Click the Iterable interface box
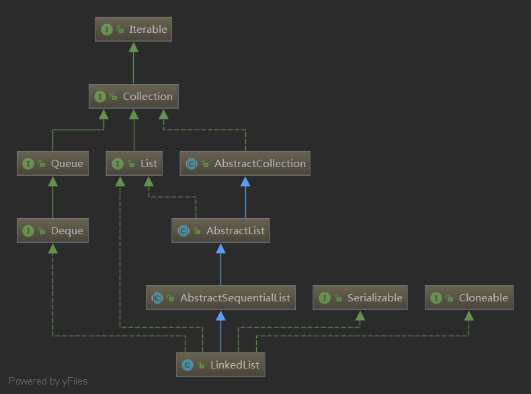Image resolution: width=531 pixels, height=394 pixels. point(133,30)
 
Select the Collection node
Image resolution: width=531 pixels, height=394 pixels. point(133,97)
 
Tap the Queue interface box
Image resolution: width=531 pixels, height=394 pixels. point(53,164)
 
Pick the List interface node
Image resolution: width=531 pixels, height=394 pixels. point(134,164)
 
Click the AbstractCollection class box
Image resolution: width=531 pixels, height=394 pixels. point(245,164)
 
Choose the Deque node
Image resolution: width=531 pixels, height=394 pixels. point(53,231)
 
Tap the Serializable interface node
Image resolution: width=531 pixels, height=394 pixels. point(360,298)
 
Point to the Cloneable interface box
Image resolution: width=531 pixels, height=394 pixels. point(469,298)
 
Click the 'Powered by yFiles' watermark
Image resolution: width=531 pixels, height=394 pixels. point(48,381)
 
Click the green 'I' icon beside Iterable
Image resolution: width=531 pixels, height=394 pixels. point(106,30)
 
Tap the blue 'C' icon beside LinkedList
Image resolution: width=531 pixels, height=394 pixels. point(188,365)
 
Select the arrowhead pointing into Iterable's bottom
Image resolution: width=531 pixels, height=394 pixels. point(133,47)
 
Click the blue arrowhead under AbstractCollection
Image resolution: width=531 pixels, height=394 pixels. point(245,181)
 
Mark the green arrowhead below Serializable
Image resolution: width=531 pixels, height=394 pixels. point(360,315)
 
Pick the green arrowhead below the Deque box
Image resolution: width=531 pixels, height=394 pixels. point(53,248)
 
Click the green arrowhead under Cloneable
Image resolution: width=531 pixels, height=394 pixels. point(469,315)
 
